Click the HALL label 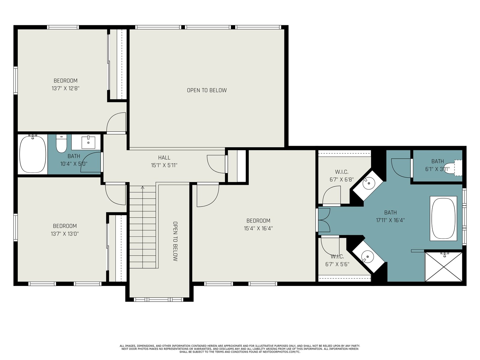click(164, 157)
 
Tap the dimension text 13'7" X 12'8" click(65, 88)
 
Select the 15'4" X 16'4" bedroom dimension click(258, 228)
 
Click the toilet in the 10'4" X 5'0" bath click(61, 144)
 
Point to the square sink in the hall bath click(88, 142)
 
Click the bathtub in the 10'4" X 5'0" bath click(33, 154)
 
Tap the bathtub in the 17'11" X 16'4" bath click(443, 218)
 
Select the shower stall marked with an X click(443, 267)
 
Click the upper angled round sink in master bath click(369, 184)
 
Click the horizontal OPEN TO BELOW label click(207, 90)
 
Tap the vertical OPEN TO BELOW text click(175, 241)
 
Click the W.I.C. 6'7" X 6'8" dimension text click(342, 180)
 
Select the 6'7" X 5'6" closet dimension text click(337, 264)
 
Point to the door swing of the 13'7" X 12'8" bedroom click(116, 122)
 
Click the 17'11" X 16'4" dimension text click(390, 220)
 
